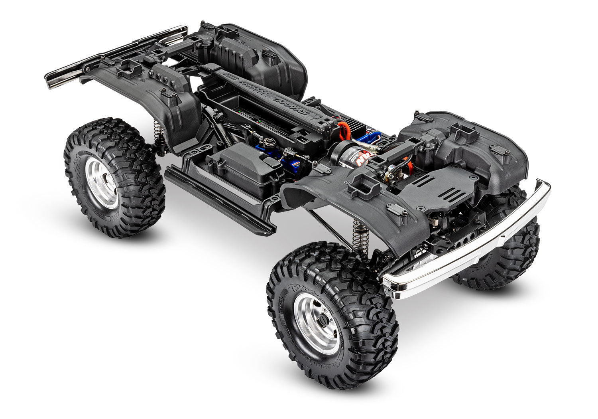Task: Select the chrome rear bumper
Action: click(x=116, y=56)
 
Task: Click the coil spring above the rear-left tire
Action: click(x=159, y=134)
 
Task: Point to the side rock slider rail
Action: click(x=219, y=204)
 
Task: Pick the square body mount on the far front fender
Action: click(x=464, y=132)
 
